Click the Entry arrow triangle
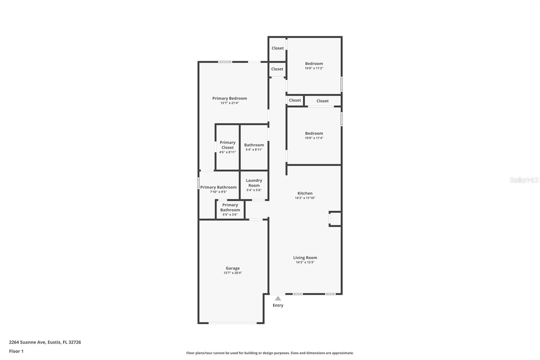click(278, 299)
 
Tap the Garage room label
click(233, 268)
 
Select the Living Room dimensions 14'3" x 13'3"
click(305, 262)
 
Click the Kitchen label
click(305, 193)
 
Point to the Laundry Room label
click(254, 183)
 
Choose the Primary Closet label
click(227, 145)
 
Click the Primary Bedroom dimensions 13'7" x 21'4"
click(230, 103)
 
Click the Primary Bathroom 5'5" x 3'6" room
click(230, 209)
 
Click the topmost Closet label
click(277, 48)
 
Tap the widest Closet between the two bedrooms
click(322, 101)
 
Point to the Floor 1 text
click(16, 351)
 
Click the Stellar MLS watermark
click(524, 180)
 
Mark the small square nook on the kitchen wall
click(335, 219)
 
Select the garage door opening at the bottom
click(233, 323)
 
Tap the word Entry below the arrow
click(278, 305)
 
